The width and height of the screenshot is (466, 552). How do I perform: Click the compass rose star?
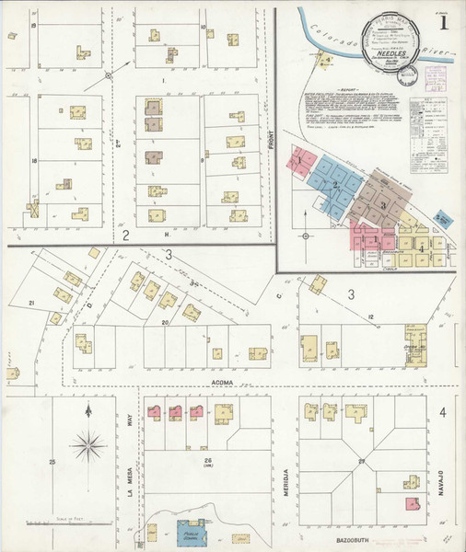[88, 447]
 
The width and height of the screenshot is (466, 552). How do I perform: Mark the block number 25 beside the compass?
[52, 460]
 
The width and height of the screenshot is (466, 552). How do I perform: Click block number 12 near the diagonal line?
[371, 317]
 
